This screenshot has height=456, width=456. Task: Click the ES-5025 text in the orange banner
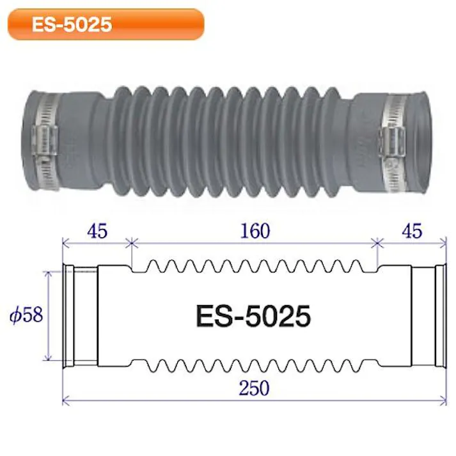point(72,24)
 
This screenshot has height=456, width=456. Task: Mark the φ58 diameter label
point(26,316)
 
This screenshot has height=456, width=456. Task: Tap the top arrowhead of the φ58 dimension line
point(48,272)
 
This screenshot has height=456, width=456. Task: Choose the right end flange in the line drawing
point(439,316)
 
